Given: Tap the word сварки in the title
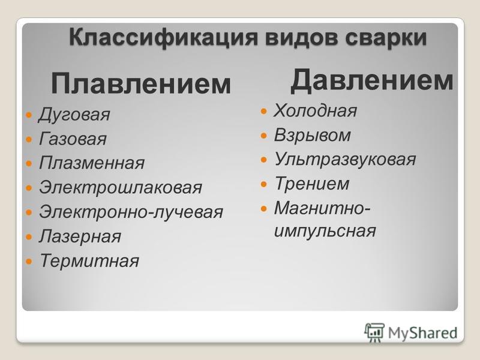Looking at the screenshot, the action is click(x=385, y=37).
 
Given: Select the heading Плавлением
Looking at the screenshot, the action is click(x=141, y=83).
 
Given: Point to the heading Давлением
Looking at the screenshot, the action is click(x=371, y=80).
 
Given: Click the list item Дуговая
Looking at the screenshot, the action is click(x=74, y=115).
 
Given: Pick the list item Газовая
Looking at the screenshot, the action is click(x=73, y=138).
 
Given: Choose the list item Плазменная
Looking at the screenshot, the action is click(x=92, y=163).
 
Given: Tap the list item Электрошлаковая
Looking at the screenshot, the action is click(x=121, y=187).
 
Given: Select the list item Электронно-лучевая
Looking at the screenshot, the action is click(x=131, y=212).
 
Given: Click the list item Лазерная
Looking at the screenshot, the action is click(x=80, y=236).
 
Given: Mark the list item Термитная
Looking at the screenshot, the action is click(x=89, y=260).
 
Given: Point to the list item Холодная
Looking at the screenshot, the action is click(x=315, y=110).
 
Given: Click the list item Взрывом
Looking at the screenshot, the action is click(x=312, y=135).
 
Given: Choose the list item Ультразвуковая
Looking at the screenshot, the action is click(x=345, y=159).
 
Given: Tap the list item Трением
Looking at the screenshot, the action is click(x=312, y=184).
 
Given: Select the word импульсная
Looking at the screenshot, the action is click(x=325, y=230).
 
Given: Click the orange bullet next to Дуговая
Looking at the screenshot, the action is click(x=29, y=115).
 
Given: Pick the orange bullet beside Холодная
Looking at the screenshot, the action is click(x=264, y=111).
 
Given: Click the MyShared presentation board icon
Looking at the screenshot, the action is click(x=374, y=332).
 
